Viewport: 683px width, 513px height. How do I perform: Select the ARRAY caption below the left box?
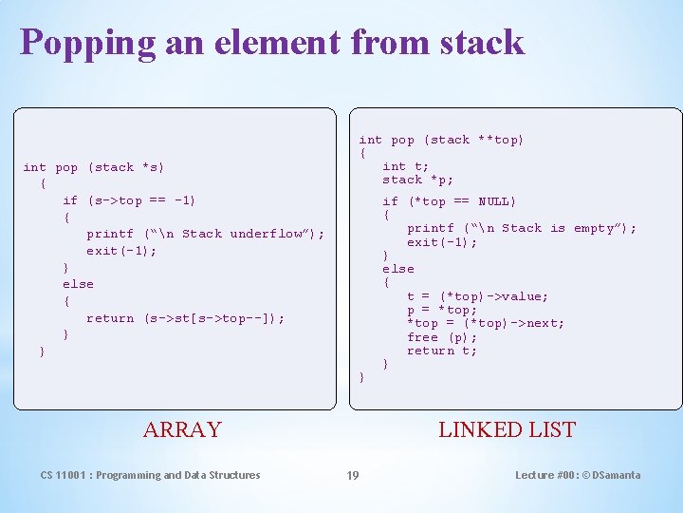182,429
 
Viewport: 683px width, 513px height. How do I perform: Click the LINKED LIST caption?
507,429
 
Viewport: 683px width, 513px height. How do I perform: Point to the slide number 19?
352,475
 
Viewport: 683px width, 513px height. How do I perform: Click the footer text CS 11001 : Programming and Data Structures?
150,475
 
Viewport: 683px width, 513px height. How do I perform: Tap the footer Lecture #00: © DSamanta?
578,475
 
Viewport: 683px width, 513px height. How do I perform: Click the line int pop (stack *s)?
94,167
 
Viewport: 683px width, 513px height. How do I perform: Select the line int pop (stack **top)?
441,140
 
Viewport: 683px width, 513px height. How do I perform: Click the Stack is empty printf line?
522,228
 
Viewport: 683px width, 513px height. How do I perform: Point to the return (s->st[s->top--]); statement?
185,318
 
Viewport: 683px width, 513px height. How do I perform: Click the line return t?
442,351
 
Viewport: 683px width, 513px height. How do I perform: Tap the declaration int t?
405,166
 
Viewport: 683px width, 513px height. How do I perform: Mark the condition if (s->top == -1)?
129,200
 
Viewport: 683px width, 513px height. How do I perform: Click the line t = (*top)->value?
477,296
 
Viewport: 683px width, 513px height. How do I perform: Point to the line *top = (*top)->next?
485,323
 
